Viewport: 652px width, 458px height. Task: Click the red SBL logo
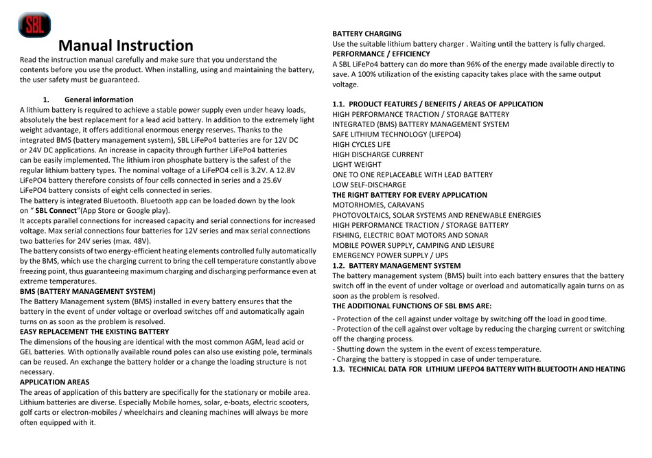click(x=34, y=25)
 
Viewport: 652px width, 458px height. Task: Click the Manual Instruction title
click(x=126, y=46)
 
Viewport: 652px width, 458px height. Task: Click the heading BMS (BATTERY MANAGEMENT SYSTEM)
click(x=87, y=291)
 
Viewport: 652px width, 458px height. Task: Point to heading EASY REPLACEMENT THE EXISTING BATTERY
click(x=94, y=332)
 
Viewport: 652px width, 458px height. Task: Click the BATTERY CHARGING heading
click(x=366, y=34)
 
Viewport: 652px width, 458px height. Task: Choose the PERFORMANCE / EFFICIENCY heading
click(x=381, y=54)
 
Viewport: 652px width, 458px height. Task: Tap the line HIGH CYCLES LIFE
click(x=361, y=145)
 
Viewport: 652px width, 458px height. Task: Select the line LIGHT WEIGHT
click(x=356, y=165)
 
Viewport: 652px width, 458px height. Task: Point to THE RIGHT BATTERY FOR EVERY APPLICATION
click(x=410, y=195)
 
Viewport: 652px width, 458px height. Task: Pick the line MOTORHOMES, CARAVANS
click(x=377, y=205)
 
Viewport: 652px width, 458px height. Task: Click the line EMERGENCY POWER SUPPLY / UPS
click(x=389, y=255)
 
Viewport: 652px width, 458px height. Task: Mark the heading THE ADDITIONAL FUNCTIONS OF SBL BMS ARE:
click(x=412, y=306)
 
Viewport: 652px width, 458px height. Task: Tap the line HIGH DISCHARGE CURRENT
click(x=377, y=155)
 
